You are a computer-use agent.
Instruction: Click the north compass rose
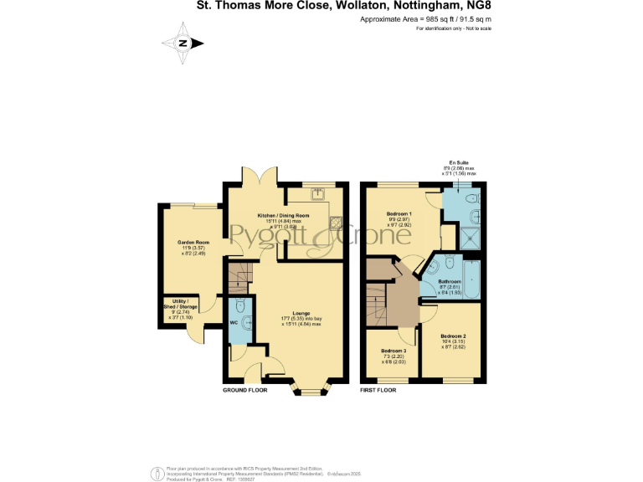pyautogui.click(x=183, y=44)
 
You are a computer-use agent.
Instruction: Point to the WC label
pyautogui.click(x=234, y=321)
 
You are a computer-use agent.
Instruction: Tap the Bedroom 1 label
pyautogui.click(x=399, y=214)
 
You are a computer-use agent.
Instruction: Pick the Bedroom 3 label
pyautogui.click(x=394, y=350)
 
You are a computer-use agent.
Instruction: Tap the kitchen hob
pyautogui.click(x=336, y=223)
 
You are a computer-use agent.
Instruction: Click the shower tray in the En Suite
pyautogui.click(x=471, y=236)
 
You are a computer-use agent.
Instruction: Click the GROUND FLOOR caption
pyautogui.click(x=244, y=391)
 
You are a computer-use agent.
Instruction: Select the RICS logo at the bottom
pyautogui.click(x=156, y=474)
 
